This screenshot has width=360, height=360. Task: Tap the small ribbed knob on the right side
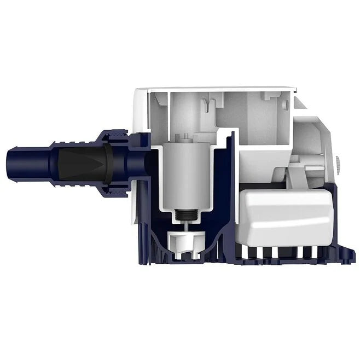338,163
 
